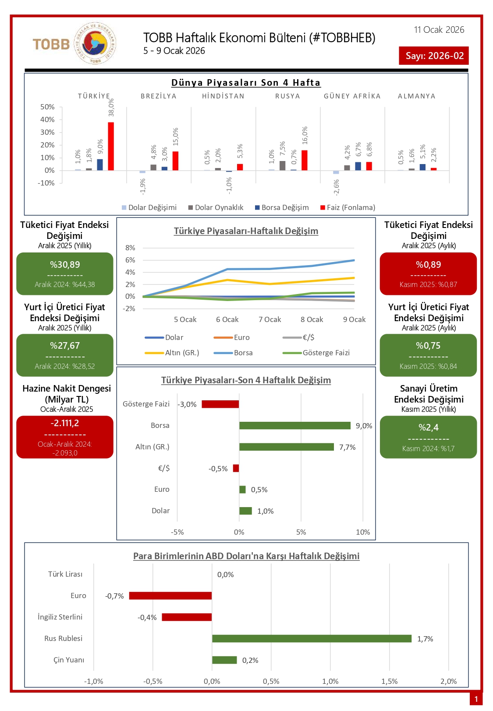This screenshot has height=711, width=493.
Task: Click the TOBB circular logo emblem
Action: [95, 44]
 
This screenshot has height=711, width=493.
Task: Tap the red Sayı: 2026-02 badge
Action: [434, 56]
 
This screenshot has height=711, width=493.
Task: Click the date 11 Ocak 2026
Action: [439, 30]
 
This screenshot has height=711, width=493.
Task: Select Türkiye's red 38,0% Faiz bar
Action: [111, 146]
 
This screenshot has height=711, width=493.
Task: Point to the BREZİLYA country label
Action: [159, 96]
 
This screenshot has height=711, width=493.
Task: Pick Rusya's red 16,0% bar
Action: [305, 160]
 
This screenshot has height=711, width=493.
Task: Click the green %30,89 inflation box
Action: [65, 273]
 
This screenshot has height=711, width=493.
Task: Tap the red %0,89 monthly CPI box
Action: [428, 273]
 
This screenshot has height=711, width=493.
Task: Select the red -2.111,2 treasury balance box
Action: [65, 437]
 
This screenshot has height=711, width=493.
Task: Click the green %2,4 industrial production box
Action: [428, 437]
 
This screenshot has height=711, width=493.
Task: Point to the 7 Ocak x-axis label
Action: [270, 319]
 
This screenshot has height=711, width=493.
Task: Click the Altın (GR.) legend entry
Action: [172, 353]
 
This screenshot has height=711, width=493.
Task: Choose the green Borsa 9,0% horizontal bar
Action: [295, 426]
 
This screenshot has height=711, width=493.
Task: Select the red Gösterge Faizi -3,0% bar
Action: [220, 404]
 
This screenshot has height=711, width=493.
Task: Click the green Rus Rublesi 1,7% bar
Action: [312, 639]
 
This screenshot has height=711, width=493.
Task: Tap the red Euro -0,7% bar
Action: [170, 596]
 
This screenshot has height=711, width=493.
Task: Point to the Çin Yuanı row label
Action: [69, 660]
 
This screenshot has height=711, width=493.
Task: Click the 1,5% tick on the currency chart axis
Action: [390, 681]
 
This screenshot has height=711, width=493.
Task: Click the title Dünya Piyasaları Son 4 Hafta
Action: [246, 83]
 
